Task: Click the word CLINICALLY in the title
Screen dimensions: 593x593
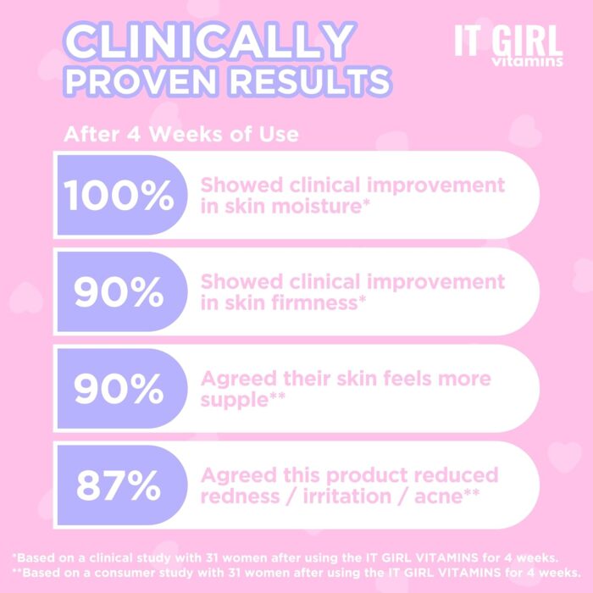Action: [210, 41]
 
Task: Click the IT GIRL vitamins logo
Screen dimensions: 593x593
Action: [508, 46]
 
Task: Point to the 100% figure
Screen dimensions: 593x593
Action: [119, 195]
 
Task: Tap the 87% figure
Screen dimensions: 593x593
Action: [119, 485]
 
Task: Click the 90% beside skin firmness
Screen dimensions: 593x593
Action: [119, 292]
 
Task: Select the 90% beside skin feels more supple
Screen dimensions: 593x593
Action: [119, 389]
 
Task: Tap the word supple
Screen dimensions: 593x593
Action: [235, 401]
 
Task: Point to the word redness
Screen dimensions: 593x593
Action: [240, 496]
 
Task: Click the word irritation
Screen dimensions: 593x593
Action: [347, 496]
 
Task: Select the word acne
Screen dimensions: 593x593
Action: [439, 496]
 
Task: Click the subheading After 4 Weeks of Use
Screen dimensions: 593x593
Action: [181, 134]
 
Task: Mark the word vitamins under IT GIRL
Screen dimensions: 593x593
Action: [527, 62]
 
